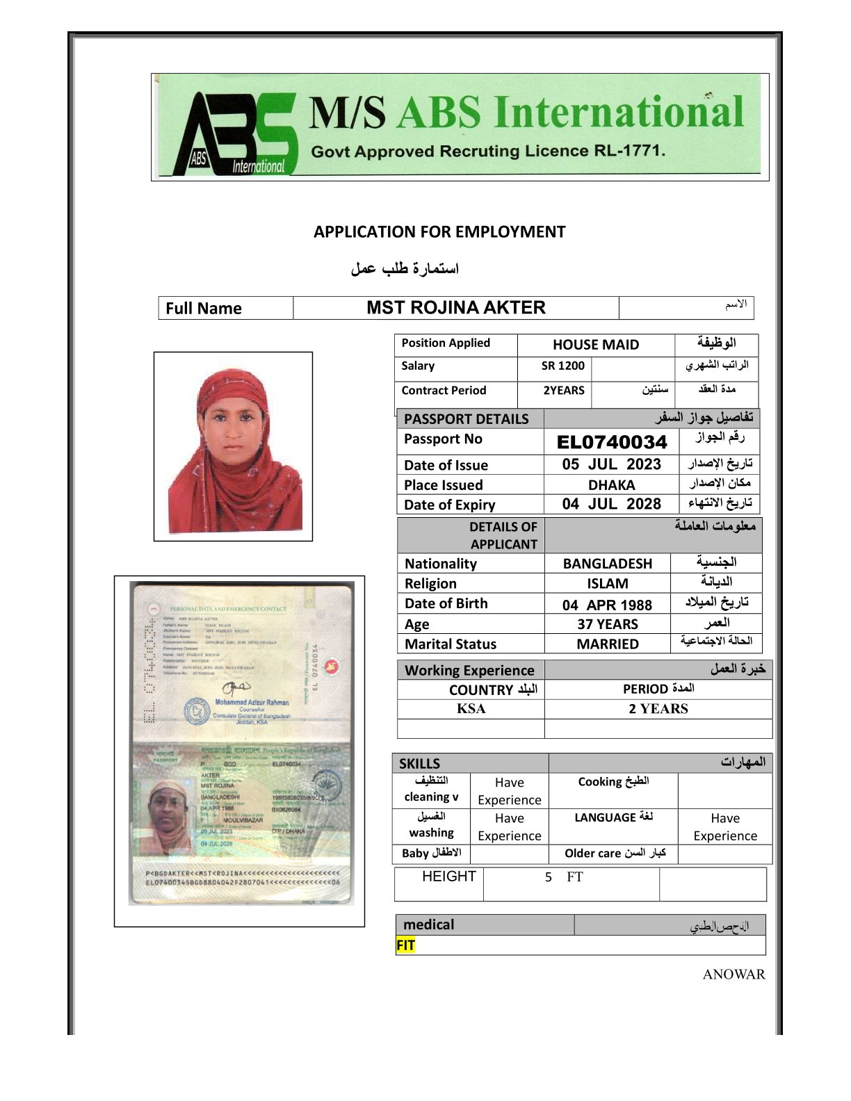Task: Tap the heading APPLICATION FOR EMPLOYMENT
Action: tap(439, 232)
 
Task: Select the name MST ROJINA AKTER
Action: tap(456, 308)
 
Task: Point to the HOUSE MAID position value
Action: tap(596, 345)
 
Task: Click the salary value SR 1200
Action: tap(563, 366)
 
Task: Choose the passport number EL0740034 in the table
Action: tap(612, 442)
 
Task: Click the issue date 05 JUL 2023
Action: tap(612, 464)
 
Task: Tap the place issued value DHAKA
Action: tap(612, 485)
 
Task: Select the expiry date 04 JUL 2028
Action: tap(612, 505)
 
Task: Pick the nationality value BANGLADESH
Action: tap(608, 564)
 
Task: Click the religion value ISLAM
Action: tap(608, 584)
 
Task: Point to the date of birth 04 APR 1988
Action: tap(608, 605)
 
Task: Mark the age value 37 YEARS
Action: tap(608, 624)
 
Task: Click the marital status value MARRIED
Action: tap(608, 644)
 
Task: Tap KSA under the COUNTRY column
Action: tap(471, 709)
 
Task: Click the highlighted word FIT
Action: tap(405, 945)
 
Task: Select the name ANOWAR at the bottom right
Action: tap(734, 974)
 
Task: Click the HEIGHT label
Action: tap(449, 876)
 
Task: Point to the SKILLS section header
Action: tap(419, 763)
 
